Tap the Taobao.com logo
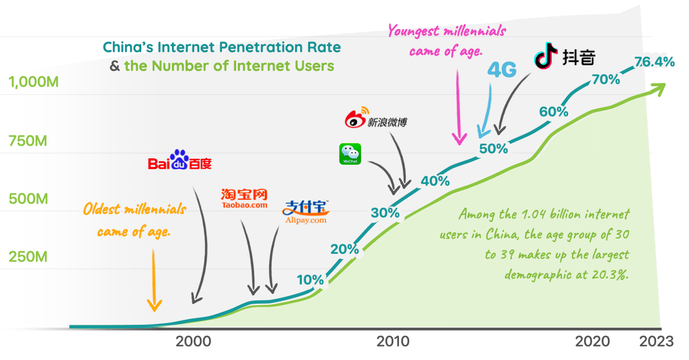244,199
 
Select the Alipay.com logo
305,212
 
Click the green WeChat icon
350,154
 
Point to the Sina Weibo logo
376,119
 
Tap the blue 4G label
502,70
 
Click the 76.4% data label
654,62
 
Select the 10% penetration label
310,279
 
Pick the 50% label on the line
493,149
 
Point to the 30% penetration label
385,214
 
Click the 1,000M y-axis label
34,82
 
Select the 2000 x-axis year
193,341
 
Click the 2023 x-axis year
657,341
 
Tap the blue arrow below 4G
484,114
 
